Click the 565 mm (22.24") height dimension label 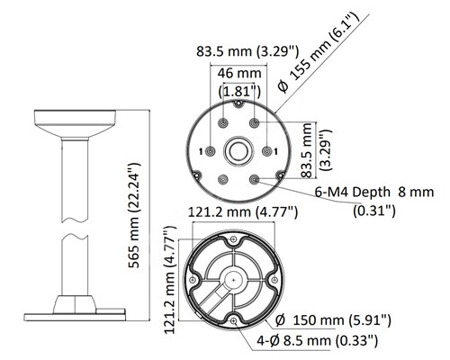coord(134,215)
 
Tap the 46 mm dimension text coord(239,73)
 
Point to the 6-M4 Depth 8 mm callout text coord(374,192)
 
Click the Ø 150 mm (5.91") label coord(333,320)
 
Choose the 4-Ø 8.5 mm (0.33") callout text coord(318,340)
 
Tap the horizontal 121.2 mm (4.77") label coord(243,212)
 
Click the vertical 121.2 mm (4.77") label coord(170,280)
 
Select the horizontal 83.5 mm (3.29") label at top coord(247,51)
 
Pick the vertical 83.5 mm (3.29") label coord(317,150)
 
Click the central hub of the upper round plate coord(238,151)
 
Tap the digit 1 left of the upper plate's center coord(201,152)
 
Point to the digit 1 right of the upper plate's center coord(275,152)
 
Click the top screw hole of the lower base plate coord(233,239)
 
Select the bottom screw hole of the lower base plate coord(234,321)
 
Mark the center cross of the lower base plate coord(234,280)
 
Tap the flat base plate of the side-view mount coord(75,317)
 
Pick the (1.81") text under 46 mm coord(239,91)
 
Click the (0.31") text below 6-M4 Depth coord(374,211)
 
